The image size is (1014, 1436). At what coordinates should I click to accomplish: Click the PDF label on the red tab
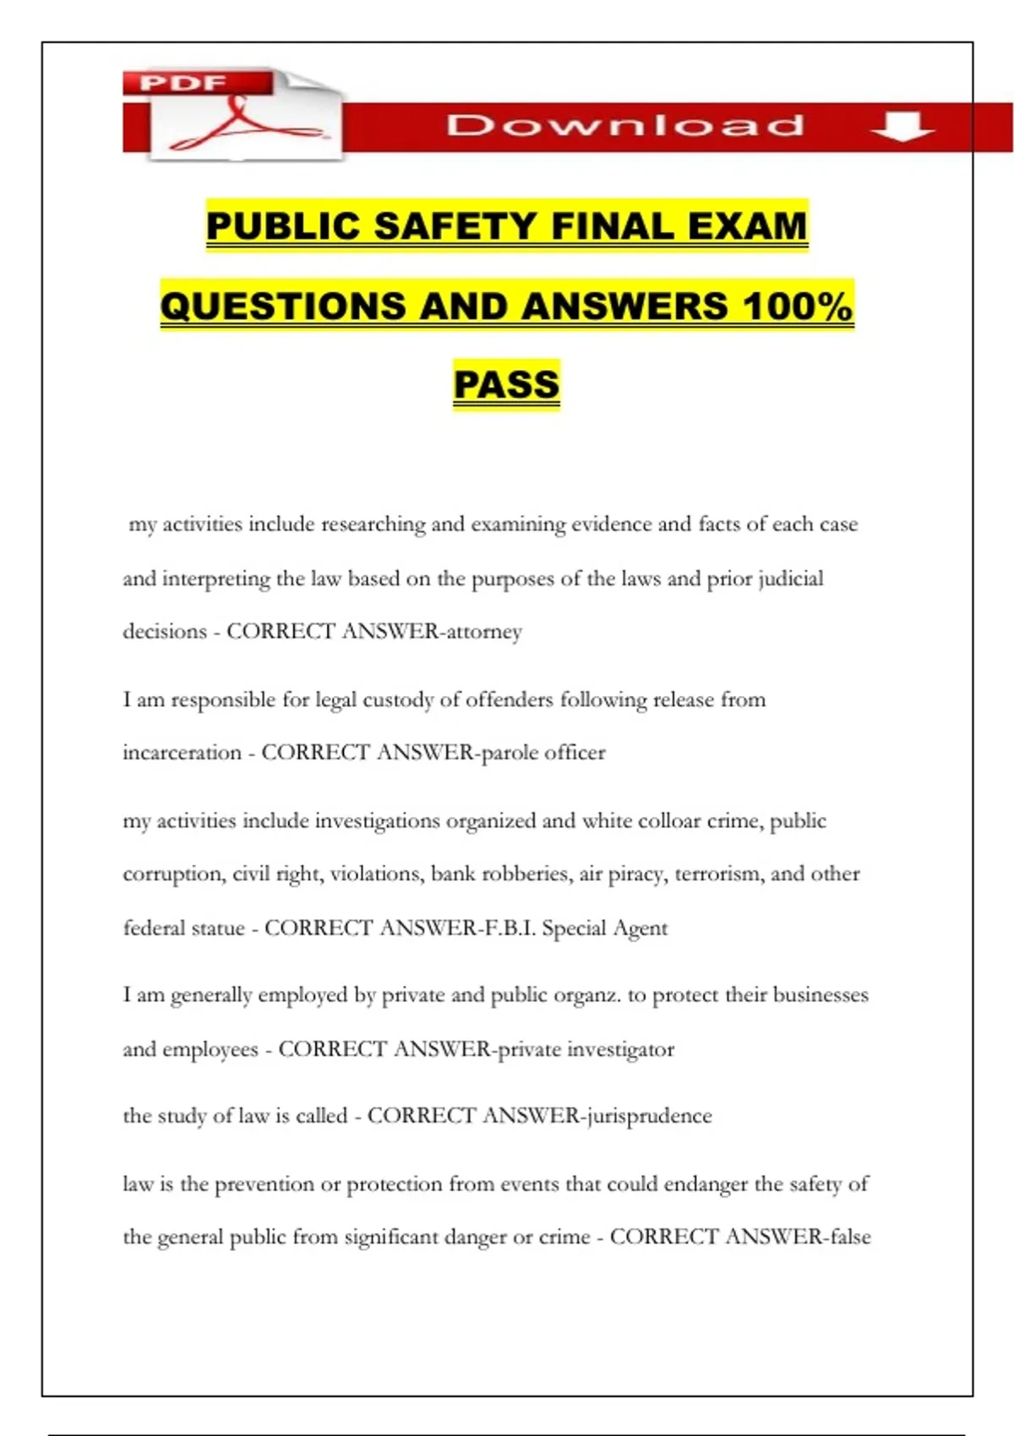pyautogui.click(x=183, y=83)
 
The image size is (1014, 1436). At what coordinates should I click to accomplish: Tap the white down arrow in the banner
pyautogui.click(x=902, y=127)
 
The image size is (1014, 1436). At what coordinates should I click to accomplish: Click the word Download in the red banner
pyautogui.click(x=625, y=126)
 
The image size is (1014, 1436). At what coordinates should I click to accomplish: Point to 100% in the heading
pyautogui.click(x=797, y=306)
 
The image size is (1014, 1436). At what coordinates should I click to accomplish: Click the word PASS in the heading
pyautogui.click(x=506, y=385)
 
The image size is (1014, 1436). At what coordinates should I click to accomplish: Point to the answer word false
pyautogui.click(x=850, y=1237)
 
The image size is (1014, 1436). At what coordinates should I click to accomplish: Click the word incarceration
pyautogui.click(x=182, y=753)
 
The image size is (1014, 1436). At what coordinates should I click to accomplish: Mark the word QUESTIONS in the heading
pyautogui.click(x=282, y=306)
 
